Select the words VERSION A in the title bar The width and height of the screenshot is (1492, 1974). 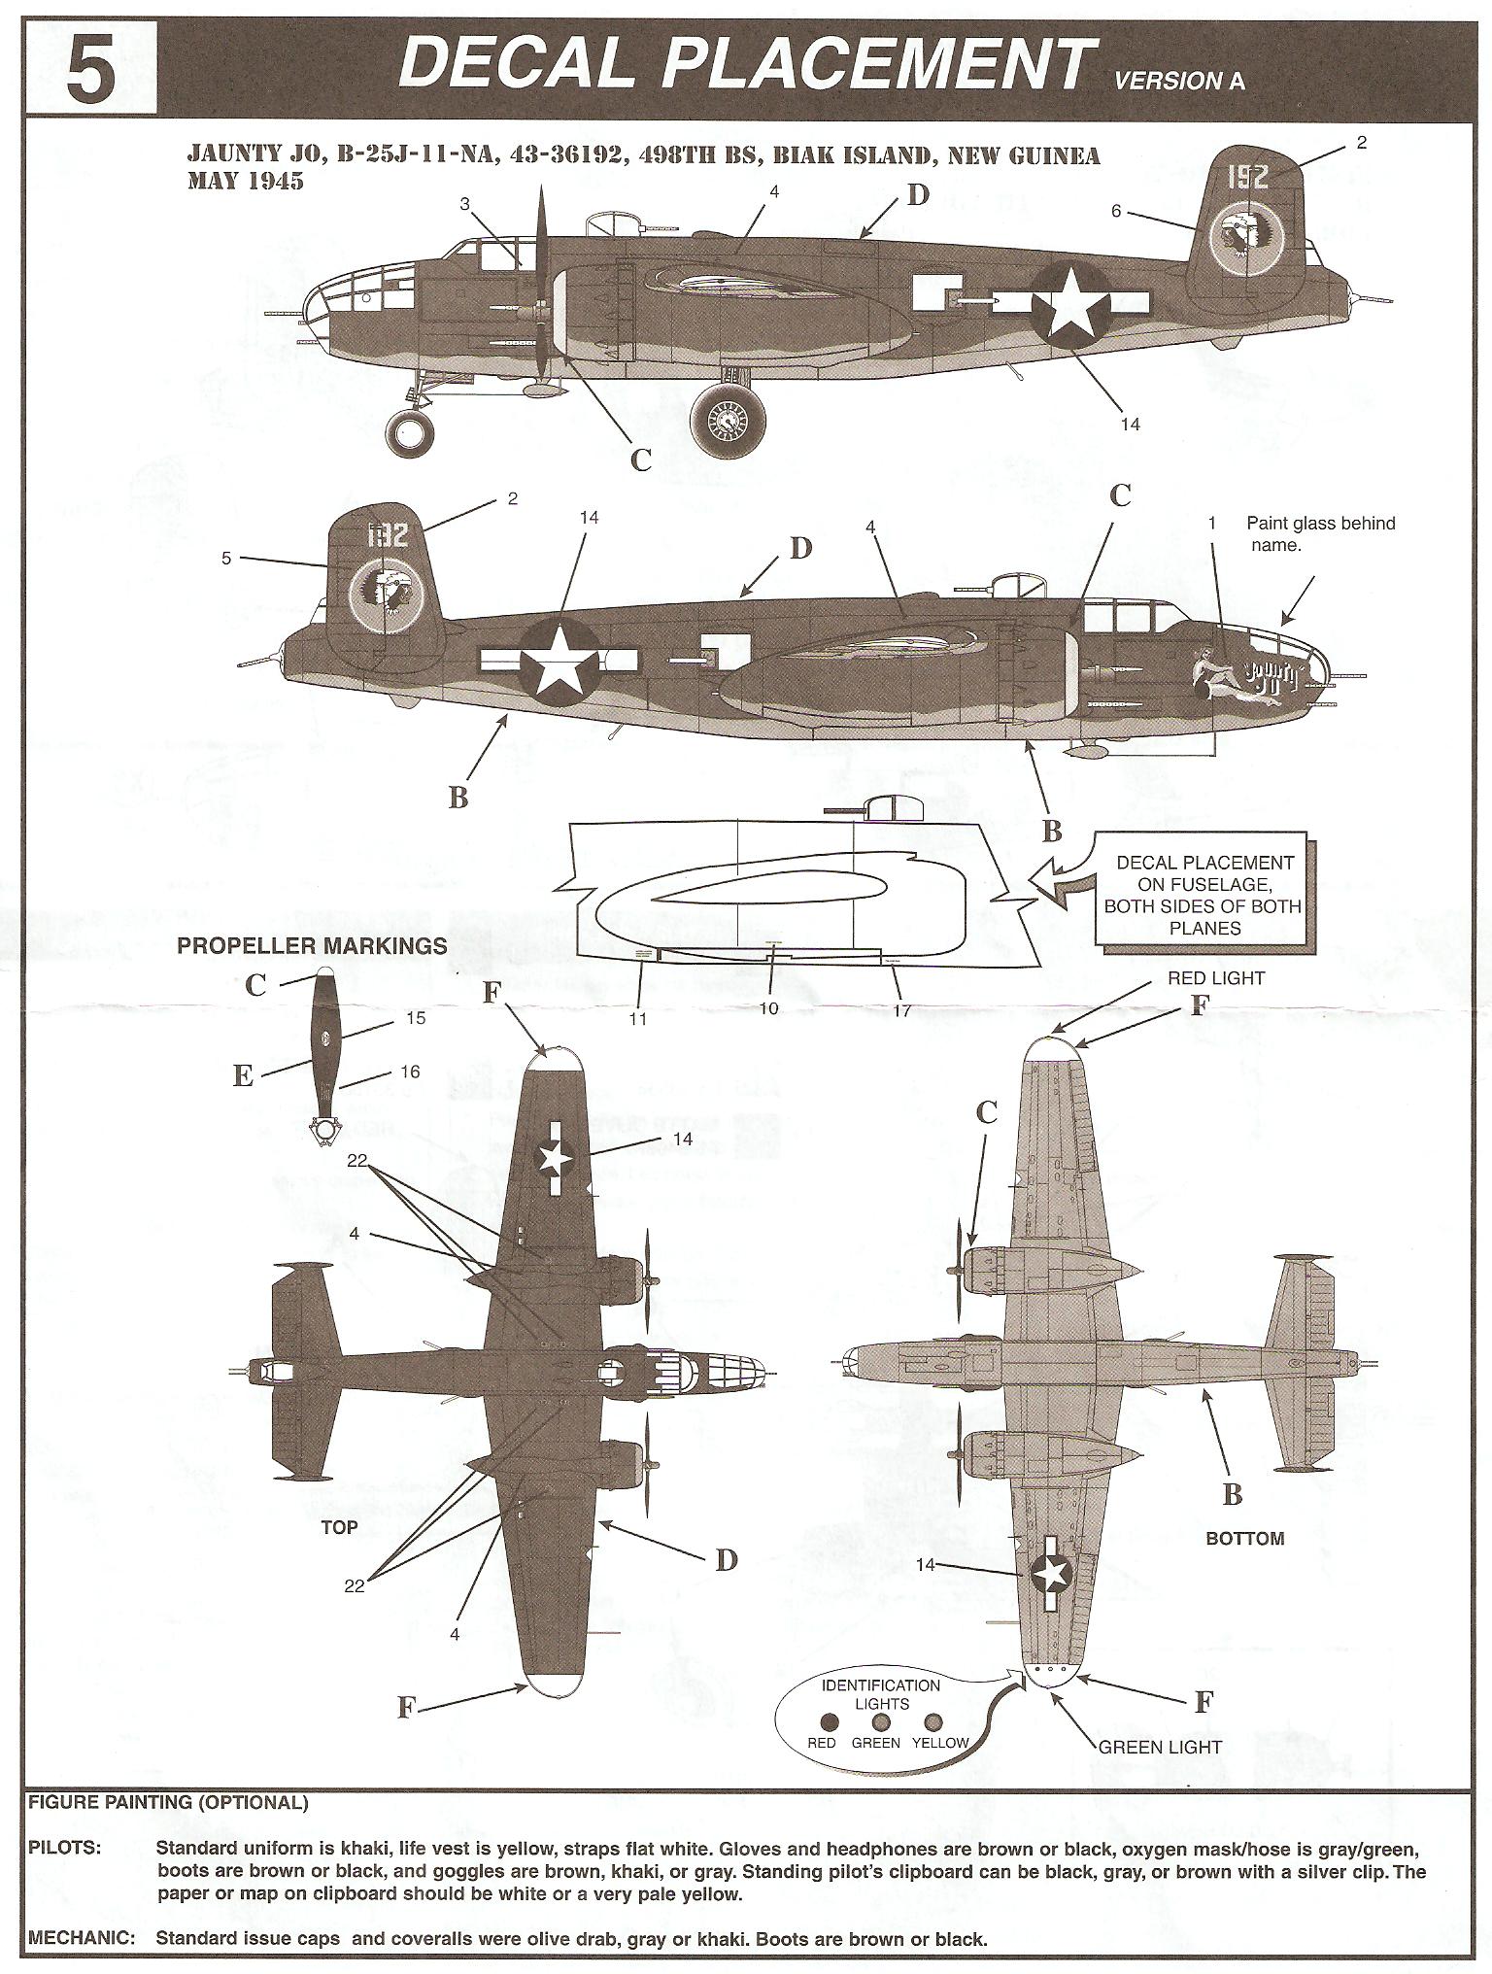pos(1178,82)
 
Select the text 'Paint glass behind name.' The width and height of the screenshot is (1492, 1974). pos(1319,534)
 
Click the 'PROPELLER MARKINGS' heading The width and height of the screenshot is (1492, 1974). pos(312,946)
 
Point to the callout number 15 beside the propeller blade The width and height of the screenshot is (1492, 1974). pos(416,1018)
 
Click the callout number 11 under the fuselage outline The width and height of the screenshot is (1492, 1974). pos(637,1019)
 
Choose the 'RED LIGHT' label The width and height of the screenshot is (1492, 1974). pos(1215,978)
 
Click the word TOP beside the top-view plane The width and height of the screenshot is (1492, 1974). pos(339,1528)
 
